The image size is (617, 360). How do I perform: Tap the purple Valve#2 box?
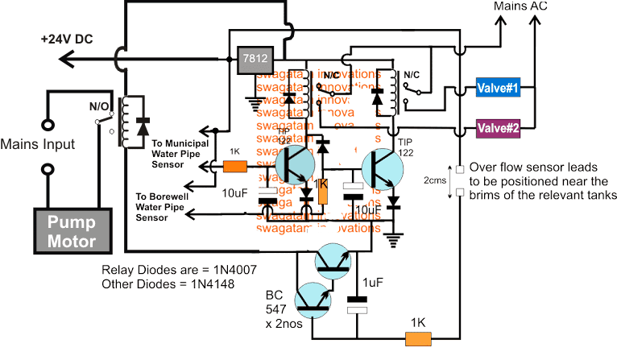pos(497,128)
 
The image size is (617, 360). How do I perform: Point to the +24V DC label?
pos(77,38)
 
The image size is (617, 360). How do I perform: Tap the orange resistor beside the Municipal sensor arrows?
pos(234,167)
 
